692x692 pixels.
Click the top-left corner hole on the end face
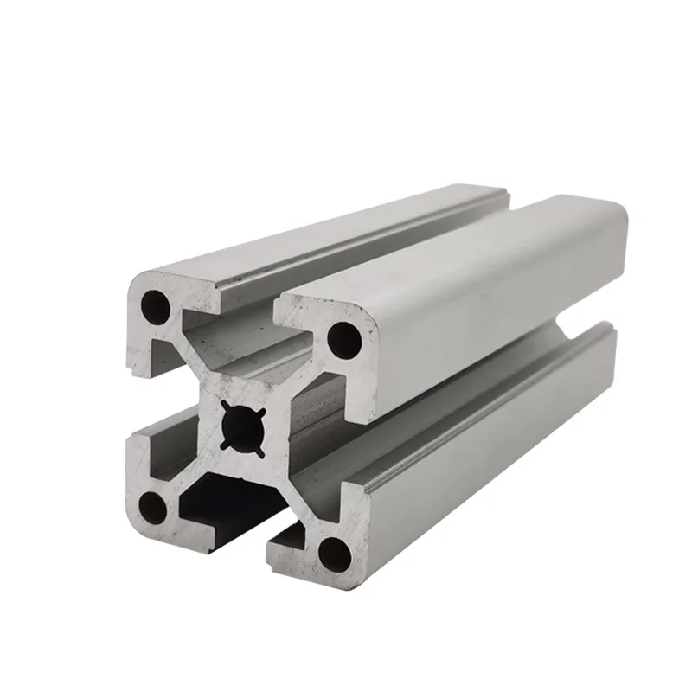(x=156, y=304)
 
